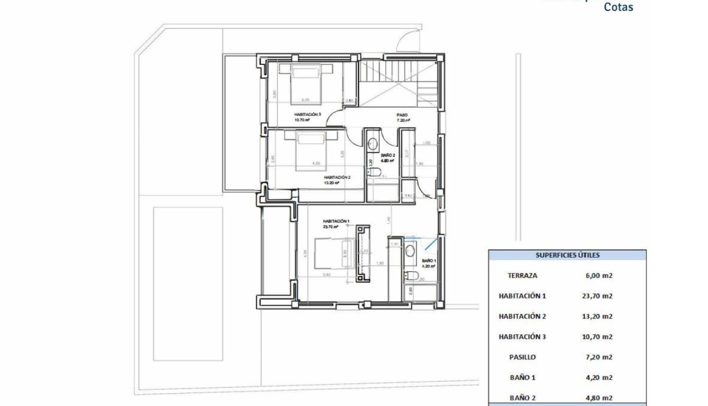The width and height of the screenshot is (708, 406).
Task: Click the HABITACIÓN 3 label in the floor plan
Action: pyautogui.click(x=308, y=114)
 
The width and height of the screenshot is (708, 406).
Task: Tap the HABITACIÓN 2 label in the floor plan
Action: pyautogui.click(x=337, y=177)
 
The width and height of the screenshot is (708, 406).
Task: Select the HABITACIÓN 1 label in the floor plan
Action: pyautogui.click(x=336, y=221)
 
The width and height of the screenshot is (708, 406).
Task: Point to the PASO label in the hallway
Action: pyautogui.click(x=403, y=115)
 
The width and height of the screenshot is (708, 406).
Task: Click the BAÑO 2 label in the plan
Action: pyautogui.click(x=388, y=155)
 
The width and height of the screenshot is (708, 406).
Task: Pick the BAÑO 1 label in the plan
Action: pyautogui.click(x=429, y=260)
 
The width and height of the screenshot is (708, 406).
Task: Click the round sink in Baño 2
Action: pyautogui.click(x=373, y=143)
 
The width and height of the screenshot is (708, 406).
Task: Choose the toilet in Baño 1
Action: pyautogui.click(x=411, y=275)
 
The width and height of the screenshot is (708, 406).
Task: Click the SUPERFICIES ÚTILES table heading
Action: pyautogui.click(x=567, y=255)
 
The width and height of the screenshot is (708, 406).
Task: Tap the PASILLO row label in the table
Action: pyautogui.click(x=522, y=357)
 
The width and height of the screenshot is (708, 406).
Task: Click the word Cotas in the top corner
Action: pyautogui.click(x=618, y=8)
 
